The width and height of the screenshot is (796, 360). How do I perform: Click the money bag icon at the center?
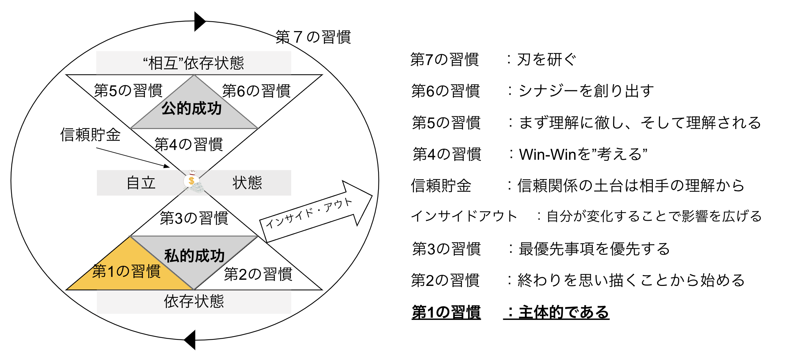click(192, 181)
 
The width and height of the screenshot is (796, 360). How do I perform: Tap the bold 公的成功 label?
click(192, 108)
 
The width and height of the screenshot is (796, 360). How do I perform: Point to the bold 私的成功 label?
click(194, 256)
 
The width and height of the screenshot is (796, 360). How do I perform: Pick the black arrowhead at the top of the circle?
click(199, 22)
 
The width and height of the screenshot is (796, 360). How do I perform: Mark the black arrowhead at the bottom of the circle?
click(190, 340)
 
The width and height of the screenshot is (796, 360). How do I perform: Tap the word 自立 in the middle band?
click(141, 183)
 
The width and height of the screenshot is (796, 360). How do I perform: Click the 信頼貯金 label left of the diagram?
click(90, 135)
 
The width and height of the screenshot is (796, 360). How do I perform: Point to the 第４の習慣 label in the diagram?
click(188, 145)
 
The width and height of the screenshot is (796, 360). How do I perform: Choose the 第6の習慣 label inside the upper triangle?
click(256, 91)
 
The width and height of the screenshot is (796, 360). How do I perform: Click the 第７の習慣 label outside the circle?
click(313, 37)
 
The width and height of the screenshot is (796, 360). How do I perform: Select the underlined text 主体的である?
click(564, 312)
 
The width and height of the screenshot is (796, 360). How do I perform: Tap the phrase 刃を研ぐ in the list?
click(547, 60)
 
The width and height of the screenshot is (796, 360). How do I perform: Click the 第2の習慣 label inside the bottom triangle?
click(258, 274)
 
